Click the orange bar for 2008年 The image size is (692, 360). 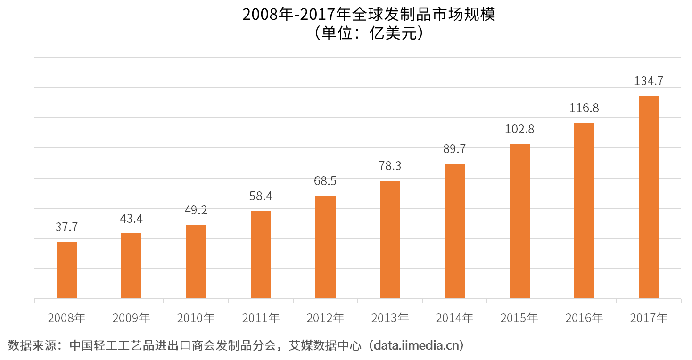pyautogui.click(x=66, y=270)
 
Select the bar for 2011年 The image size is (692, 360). pyautogui.click(x=261, y=254)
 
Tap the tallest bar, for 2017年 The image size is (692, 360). pyautogui.click(x=649, y=197)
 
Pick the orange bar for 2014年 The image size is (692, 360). pyautogui.click(x=454, y=231)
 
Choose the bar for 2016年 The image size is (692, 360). pyautogui.click(x=584, y=211)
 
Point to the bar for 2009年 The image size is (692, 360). pyautogui.click(x=131, y=266)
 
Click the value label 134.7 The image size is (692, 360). pyautogui.click(x=648, y=81)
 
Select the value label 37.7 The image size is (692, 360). pyautogui.click(x=66, y=228)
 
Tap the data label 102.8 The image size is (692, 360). pyautogui.click(x=519, y=129)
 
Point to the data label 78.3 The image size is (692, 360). pyautogui.click(x=390, y=166)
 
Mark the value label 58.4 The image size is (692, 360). pyautogui.click(x=261, y=196)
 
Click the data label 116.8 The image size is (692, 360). pyautogui.click(x=584, y=108)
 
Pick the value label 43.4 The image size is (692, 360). pyautogui.click(x=131, y=219)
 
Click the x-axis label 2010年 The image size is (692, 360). pyautogui.click(x=196, y=319)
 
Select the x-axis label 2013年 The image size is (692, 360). pyautogui.click(x=390, y=319)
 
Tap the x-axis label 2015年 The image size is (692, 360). pyautogui.click(x=519, y=319)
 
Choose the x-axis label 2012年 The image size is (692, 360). pyautogui.click(x=325, y=319)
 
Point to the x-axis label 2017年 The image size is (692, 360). pyautogui.click(x=649, y=319)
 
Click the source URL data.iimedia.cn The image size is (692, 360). pyautogui.click(x=417, y=346)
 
